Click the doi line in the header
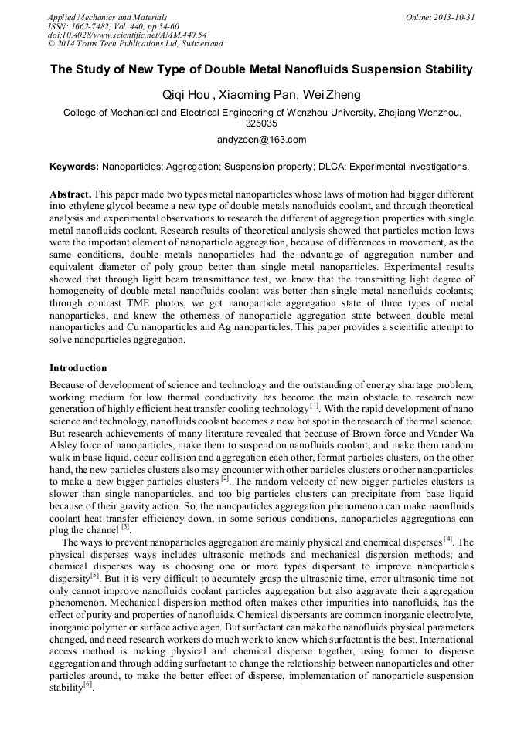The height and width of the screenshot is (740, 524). [x=127, y=35]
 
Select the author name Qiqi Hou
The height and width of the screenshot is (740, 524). [x=185, y=95]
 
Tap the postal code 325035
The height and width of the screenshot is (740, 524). [x=261, y=123]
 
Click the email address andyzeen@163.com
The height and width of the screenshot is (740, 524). [x=262, y=140]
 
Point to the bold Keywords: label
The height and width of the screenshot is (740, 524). [x=74, y=166]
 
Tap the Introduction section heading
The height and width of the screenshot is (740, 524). [x=78, y=368]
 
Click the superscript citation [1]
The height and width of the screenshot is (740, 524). [x=314, y=405]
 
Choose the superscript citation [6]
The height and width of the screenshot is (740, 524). [x=87, y=684]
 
